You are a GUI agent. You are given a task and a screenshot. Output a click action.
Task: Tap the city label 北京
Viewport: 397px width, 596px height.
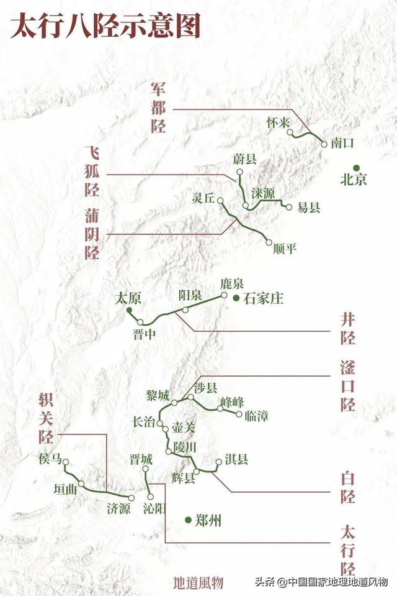coord(354,180)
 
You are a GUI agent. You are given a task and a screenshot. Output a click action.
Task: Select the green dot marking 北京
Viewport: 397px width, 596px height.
coord(356,167)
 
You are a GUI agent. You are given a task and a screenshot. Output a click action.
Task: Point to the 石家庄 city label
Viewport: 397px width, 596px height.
coord(263,299)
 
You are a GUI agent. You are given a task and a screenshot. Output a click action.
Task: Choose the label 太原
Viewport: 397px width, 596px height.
coord(128,298)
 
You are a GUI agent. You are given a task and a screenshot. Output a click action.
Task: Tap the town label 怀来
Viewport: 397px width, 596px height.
coord(278,122)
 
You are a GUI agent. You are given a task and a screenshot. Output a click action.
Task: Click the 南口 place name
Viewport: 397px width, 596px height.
coord(342,142)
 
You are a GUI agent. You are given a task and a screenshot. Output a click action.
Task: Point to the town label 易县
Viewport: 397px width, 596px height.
coord(309,208)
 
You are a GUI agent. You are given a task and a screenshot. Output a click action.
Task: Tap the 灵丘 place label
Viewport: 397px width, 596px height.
coord(203,198)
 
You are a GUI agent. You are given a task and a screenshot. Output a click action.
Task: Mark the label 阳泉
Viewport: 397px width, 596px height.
coord(190,296)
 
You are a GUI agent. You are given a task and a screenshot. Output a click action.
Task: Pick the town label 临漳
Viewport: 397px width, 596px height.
coord(256,416)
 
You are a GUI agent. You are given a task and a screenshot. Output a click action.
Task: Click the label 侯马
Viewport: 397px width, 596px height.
coord(50,459)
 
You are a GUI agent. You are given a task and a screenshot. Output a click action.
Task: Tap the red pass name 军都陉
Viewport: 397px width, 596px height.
coord(158,107)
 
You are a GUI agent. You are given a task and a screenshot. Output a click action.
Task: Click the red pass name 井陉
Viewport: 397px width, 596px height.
coord(348,329)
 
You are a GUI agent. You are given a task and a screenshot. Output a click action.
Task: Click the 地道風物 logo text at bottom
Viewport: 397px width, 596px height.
coord(198,582)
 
